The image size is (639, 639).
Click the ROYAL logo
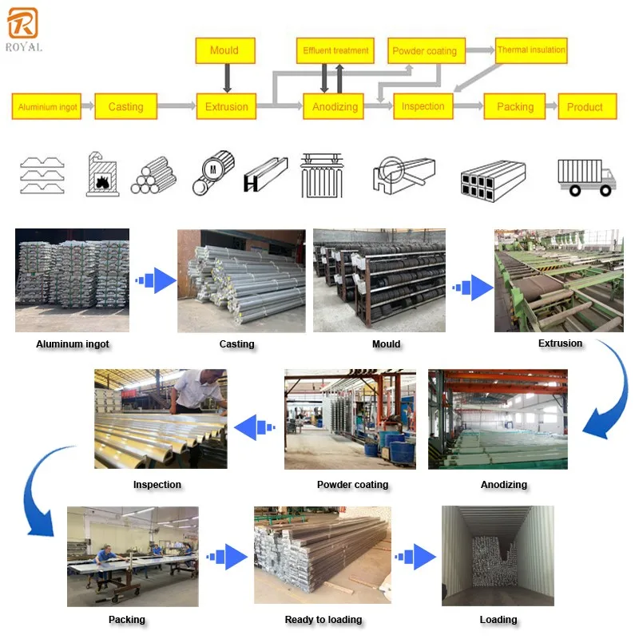point(23,30)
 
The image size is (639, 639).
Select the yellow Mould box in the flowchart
point(224,50)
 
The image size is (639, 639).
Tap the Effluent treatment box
point(335,50)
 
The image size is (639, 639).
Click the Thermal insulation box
point(531,50)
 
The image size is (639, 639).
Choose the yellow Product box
point(585,106)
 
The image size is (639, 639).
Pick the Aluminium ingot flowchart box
point(48,106)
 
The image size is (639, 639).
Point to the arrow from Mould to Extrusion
point(226,78)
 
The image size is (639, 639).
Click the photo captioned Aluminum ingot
point(72,280)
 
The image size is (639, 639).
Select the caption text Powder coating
point(352,485)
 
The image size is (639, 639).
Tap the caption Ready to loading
point(323,620)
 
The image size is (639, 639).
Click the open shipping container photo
point(497,555)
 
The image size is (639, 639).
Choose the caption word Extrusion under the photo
point(560,343)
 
